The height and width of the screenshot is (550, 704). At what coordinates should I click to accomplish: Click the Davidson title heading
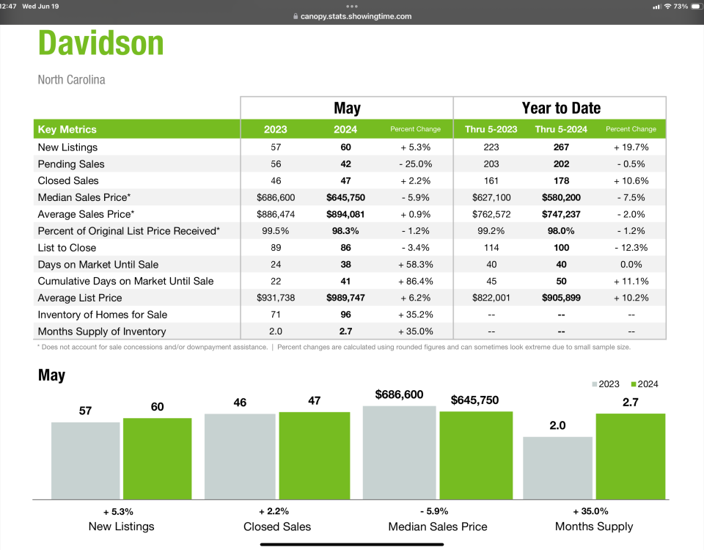point(101,43)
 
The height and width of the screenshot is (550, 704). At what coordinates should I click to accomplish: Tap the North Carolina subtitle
point(71,79)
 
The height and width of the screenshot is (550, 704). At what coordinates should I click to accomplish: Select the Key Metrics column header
point(67,129)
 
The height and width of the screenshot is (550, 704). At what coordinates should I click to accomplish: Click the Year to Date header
point(561,108)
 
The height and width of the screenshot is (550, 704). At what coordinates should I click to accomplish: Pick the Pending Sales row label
point(71,164)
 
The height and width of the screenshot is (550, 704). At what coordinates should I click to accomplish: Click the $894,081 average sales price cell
point(345,214)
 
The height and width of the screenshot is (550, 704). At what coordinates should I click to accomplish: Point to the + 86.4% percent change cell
point(416,281)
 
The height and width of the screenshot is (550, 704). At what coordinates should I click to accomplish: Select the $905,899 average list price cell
point(561,298)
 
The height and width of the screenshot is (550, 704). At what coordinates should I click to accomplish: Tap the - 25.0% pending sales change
point(416,164)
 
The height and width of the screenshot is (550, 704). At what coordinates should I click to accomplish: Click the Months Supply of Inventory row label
point(102,331)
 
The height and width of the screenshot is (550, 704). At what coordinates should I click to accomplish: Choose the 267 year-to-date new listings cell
point(561,147)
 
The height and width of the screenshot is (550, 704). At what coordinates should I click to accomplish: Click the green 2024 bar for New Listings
point(157,458)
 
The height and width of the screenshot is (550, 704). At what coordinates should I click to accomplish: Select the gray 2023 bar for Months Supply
point(557,468)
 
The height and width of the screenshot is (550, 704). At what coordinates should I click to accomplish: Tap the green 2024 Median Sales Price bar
point(476,455)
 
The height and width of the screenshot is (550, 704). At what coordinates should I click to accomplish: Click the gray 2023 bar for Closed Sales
point(240,456)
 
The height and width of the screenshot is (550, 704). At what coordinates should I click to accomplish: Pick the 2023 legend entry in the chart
point(606,384)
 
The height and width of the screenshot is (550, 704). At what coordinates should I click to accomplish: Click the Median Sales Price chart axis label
point(438,527)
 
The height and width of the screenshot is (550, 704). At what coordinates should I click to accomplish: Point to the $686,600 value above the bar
point(399,395)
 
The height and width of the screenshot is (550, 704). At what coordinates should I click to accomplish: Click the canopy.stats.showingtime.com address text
point(356,16)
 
